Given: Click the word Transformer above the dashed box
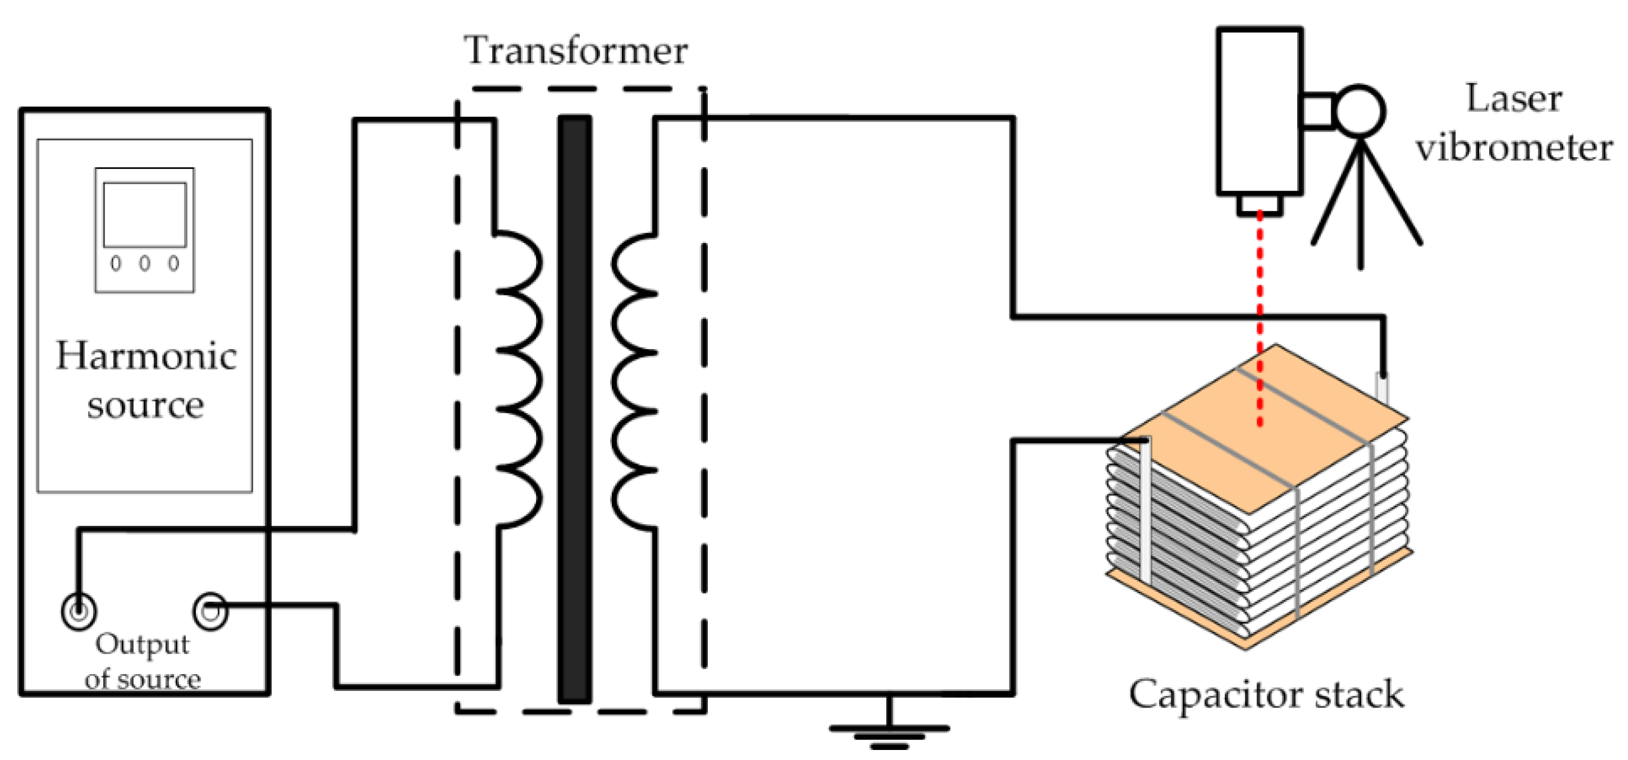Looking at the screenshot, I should click(575, 51).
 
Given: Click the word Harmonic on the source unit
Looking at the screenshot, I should click(146, 357).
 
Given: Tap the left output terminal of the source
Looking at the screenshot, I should click(79, 611).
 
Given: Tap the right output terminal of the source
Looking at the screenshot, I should click(210, 611).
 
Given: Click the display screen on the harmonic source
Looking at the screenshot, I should click(144, 215).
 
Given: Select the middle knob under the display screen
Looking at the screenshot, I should click(144, 263).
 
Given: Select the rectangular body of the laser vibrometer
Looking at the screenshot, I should click(1259, 110).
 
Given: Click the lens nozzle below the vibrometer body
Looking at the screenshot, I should click(1259, 205).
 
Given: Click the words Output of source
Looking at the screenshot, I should click(142, 662).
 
